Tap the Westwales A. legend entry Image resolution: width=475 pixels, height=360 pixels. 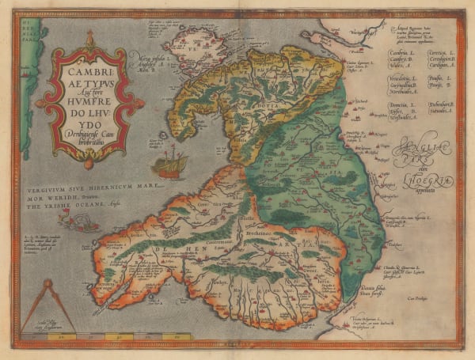(x=404, y=117)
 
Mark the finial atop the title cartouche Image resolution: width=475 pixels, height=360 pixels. (x=89, y=36)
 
